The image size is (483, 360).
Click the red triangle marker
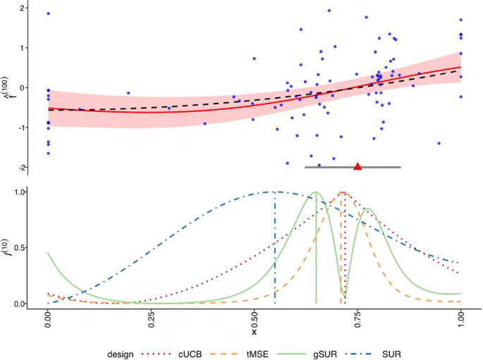point(357,166)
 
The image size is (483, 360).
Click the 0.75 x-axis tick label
point(357,324)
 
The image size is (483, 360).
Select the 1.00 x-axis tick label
point(460,324)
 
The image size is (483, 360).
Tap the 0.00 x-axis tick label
point(48,324)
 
